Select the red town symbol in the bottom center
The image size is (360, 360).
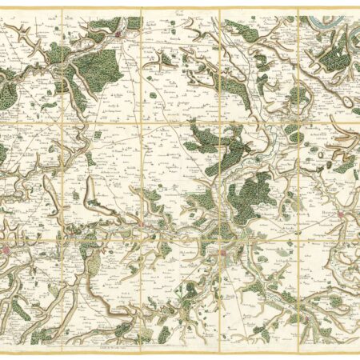click(x=224, y=255)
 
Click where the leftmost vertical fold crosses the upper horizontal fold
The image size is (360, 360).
click(x=62, y=123)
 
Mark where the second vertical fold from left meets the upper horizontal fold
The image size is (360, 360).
click(x=142, y=123)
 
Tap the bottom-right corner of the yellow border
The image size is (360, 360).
click(x=358, y=349)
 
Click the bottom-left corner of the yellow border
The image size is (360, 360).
click(x=2, y=349)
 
